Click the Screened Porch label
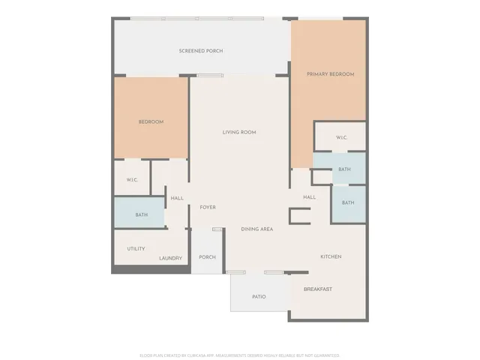click(x=201, y=51)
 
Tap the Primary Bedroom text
click(x=330, y=74)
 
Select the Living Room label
click(x=239, y=132)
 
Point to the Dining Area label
click(x=256, y=229)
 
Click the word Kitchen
click(x=331, y=256)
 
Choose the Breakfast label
click(x=318, y=289)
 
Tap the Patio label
click(x=259, y=297)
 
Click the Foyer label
click(x=208, y=207)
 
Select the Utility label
click(x=136, y=249)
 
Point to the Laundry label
click(x=170, y=259)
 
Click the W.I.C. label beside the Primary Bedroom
click(x=340, y=137)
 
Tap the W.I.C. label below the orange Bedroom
click(x=131, y=179)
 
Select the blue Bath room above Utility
click(x=141, y=215)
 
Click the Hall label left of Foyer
click(x=177, y=198)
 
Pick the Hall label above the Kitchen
click(x=309, y=197)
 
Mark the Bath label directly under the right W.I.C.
click(x=344, y=169)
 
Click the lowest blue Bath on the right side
click(x=348, y=202)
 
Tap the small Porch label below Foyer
click(x=207, y=257)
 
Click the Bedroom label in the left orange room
click(x=151, y=121)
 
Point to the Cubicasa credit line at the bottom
click(x=240, y=355)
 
